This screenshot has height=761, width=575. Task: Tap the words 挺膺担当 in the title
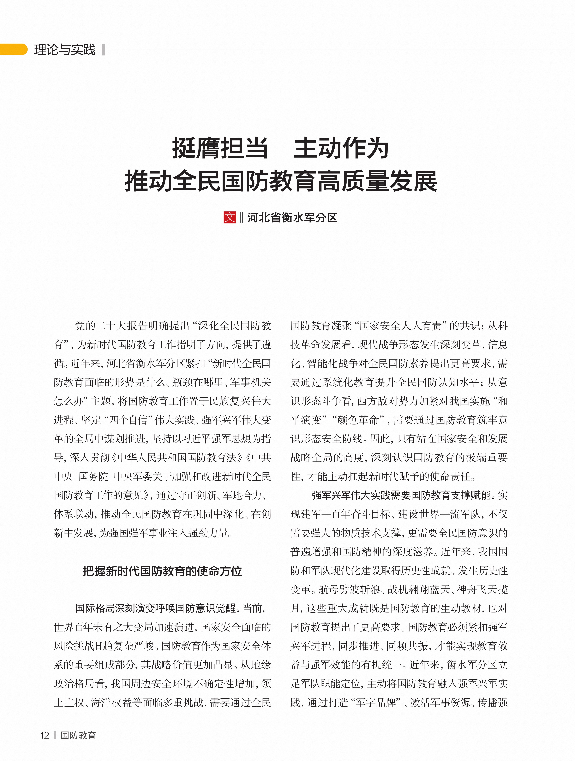220,148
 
